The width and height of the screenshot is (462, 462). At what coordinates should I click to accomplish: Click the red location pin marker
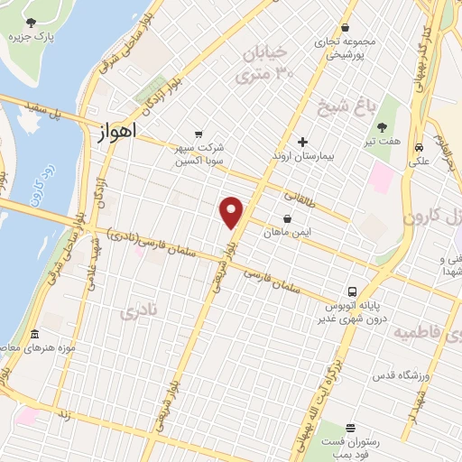coord(232,213)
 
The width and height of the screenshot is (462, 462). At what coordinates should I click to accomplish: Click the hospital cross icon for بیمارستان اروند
coord(302,142)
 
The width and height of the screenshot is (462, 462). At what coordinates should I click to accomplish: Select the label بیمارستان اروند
coord(304,156)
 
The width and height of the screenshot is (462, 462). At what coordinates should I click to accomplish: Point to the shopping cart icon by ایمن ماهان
coord(287,218)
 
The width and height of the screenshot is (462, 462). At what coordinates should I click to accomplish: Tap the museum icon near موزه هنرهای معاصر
coord(34,334)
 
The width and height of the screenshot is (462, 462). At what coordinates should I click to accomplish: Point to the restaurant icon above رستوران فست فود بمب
coord(350,427)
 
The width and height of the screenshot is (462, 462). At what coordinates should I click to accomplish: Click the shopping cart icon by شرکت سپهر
coord(199,134)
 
